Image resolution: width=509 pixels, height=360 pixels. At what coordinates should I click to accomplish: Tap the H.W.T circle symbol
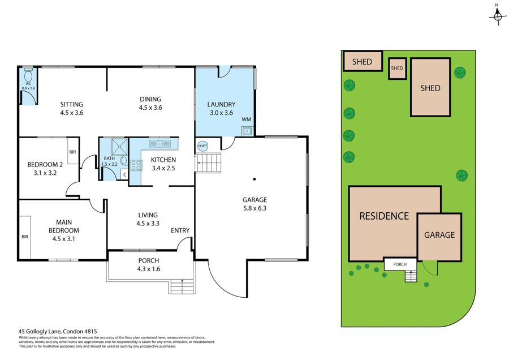click(202, 146)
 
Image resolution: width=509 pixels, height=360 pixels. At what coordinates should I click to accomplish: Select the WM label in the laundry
click(247, 119)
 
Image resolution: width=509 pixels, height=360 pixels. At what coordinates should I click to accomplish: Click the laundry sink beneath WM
click(247, 131)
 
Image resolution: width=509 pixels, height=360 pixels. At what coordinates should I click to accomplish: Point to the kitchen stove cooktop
click(136, 165)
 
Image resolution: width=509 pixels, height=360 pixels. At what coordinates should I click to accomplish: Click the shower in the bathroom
click(119, 147)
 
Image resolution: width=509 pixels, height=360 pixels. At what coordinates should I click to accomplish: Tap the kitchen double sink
click(159, 144)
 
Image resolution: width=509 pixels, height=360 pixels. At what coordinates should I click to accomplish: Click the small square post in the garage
click(255, 179)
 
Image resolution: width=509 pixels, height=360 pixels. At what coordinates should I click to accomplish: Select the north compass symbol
click(497, 16)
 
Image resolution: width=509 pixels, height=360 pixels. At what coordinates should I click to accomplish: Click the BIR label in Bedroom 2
click(73, 152)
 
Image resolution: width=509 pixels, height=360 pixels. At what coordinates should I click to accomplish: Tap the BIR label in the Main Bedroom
click(25, 237)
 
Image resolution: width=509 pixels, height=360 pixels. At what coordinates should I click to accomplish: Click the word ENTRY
click(180, 230)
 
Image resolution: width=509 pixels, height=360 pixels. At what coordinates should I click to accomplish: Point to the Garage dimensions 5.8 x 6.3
click(255, 208)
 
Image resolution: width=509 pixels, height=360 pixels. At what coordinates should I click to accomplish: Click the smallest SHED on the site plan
click(398, 68)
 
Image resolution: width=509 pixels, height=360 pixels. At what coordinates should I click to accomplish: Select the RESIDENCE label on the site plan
click(384, 216)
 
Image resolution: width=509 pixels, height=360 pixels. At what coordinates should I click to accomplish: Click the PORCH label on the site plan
click(400, 264)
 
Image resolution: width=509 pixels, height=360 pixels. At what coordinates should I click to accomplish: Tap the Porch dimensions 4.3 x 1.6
click(149, 269)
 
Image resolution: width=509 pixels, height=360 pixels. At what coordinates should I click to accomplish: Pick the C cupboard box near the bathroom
click(124, 175)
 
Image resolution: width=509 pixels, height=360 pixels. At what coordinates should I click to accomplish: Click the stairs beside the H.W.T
click(208, 163)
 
